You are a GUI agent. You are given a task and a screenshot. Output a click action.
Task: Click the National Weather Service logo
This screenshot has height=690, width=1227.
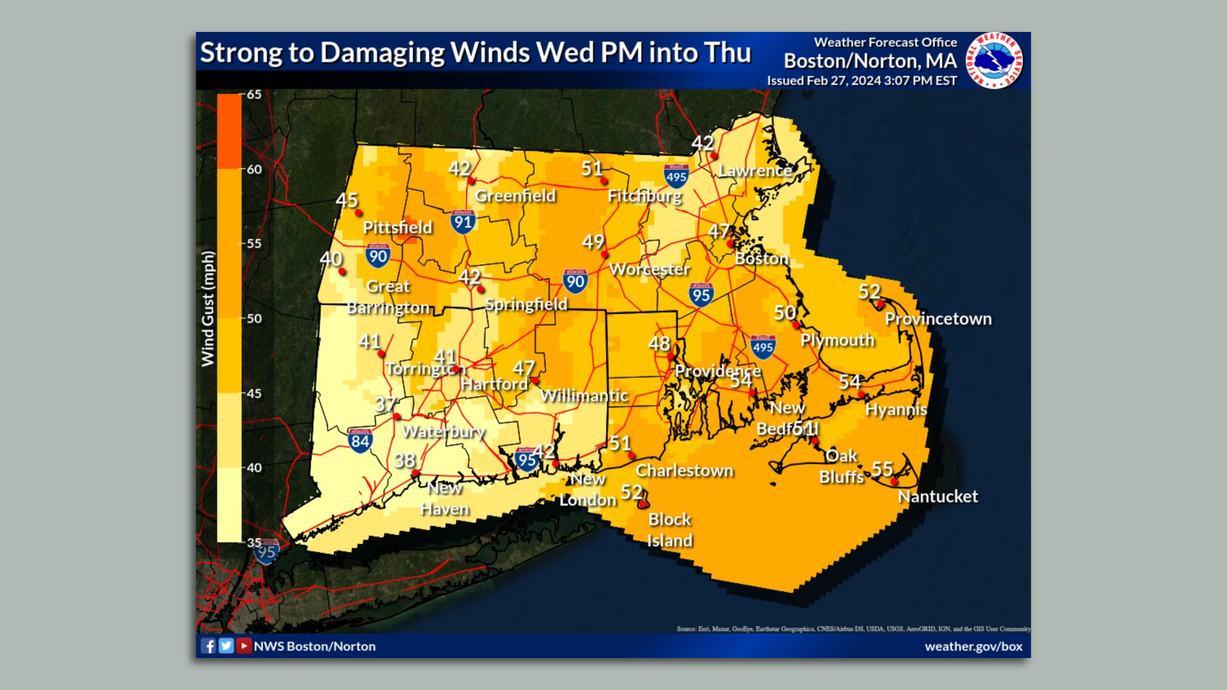[x=994, y=61]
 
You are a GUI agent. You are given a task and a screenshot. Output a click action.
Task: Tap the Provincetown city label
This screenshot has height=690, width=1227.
[x=938, y=319]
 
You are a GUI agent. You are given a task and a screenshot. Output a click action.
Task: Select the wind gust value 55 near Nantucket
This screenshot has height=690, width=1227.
[x=882, y=469]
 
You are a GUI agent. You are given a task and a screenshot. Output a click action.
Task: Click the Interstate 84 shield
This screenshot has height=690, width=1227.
[x=360, y=440]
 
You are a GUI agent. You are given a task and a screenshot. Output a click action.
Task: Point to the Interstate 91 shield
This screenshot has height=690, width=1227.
[x=462, y=222]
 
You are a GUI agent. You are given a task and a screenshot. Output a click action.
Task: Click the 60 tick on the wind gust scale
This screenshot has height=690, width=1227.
[x=254, y=169]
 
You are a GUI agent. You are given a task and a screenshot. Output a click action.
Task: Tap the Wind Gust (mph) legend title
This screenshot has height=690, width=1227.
[x=208, y=309]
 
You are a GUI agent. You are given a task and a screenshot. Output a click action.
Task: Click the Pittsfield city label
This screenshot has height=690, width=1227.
[x=397, y=227]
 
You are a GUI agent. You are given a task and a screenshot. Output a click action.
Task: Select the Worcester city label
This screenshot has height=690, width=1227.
[x=649, y=269]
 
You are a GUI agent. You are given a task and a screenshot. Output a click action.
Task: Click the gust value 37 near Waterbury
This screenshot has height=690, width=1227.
[x=385, y=404]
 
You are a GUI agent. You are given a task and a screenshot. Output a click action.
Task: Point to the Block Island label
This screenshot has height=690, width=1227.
[x=669, y=530]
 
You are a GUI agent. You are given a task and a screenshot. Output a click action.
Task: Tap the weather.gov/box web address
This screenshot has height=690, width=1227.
[x=973, y=646]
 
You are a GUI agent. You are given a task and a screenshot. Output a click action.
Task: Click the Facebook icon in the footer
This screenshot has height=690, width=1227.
[x=208, y=646]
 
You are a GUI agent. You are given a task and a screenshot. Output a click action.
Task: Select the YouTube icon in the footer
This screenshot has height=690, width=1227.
[x=243, y=646]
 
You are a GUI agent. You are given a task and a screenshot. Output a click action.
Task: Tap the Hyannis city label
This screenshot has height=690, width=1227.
[x=895, y=410]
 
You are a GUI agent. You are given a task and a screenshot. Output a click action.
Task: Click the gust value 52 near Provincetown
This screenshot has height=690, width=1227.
[x=869, y=292]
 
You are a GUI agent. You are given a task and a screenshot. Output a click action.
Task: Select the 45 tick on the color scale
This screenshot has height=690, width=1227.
[x=254, y=394]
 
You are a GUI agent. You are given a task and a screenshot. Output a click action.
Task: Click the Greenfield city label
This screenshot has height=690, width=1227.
[x=515, y=196]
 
